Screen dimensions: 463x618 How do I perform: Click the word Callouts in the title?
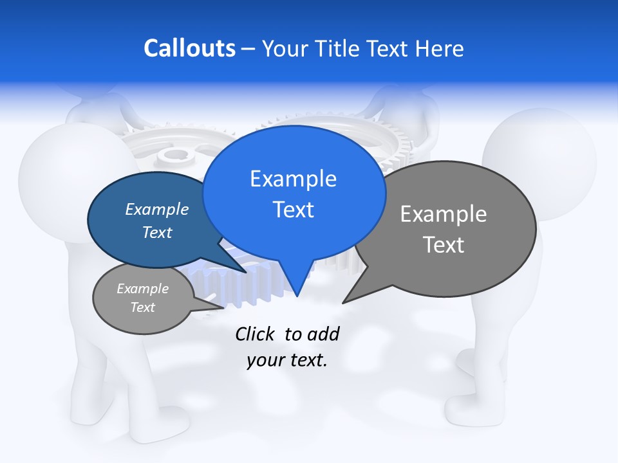[x=189, y=48]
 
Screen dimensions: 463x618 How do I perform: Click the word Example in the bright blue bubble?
[x=293, y=179]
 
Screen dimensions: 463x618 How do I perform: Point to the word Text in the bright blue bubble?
[x=293, y=210]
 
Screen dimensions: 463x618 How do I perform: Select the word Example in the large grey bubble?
[x=444, y=214]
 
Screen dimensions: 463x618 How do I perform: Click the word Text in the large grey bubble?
[x=444, y=245]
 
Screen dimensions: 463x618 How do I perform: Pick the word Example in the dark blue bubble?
[x=156, y=209]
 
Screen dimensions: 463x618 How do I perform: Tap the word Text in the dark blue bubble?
[x=156, y=232]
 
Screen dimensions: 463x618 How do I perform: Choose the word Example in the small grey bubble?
[x=142, y=289]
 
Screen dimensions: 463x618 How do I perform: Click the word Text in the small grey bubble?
[x=142, y=307]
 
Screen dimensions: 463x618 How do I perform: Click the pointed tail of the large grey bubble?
[x=344, y=301]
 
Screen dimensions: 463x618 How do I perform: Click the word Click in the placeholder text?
[x=255, y=334]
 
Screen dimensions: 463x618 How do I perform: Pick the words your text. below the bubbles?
[x=286, y=360]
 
